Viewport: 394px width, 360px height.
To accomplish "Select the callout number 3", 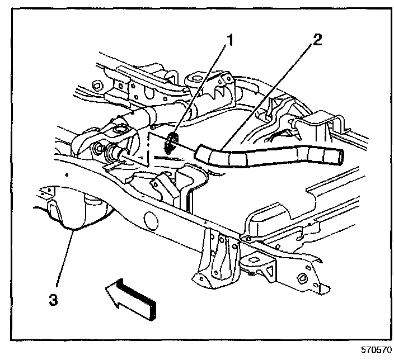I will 53,299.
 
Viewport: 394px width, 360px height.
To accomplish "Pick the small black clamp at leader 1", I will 172,142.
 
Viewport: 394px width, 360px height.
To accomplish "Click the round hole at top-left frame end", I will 96,86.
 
